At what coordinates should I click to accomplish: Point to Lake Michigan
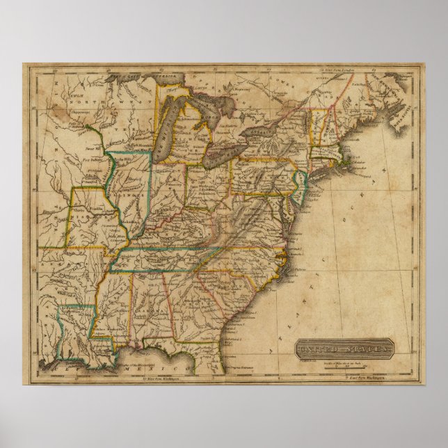point(168,129)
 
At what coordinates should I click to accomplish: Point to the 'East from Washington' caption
point(362,378)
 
